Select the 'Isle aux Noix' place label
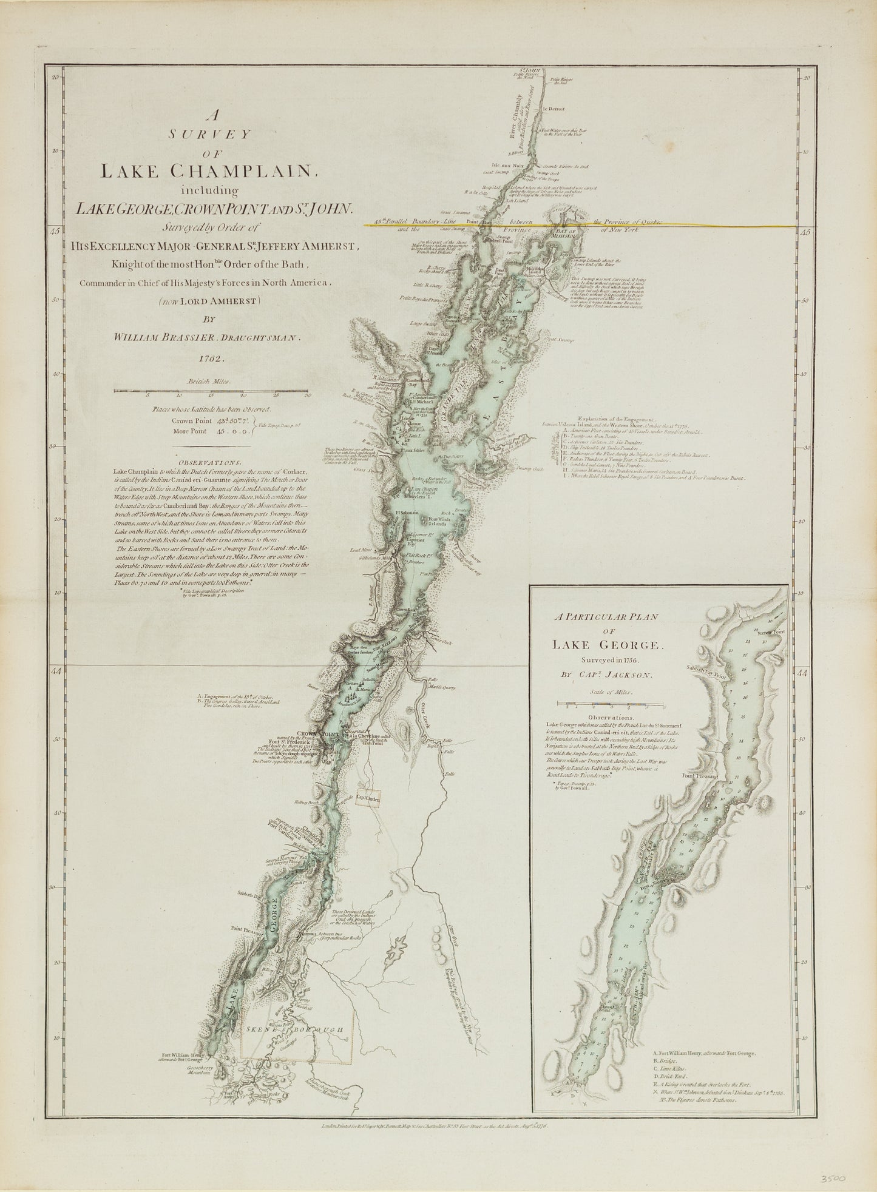pos(507,164)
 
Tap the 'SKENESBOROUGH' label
pos(296,1030)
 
